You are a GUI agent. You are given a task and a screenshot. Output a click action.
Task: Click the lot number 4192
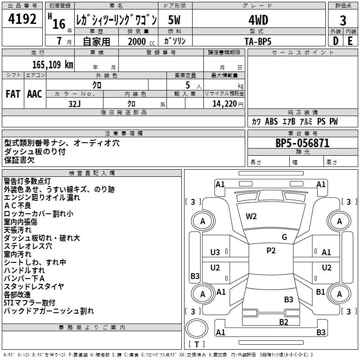pos(22,19)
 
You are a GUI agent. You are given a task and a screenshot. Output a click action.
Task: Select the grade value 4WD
pos(258,20)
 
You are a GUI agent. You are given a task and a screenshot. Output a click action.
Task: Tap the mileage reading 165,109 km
pos(53,64)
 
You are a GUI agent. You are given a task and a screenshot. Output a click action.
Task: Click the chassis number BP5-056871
pos(302,143)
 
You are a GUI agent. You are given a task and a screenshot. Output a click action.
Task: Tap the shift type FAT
pos(13,94)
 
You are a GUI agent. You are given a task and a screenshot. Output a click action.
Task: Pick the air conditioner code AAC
pos(35,94)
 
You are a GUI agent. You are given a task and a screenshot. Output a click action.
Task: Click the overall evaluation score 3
pos(343,20)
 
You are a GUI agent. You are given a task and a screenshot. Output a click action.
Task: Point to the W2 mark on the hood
pos(251,216)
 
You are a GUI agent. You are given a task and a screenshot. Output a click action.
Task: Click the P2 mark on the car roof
pos(271,251)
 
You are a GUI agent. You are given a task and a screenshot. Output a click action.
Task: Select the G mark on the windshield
pos(284,237)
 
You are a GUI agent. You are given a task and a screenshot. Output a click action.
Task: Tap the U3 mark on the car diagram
pos(216,252)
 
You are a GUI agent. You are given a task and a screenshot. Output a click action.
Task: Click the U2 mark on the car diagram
pos(216,268)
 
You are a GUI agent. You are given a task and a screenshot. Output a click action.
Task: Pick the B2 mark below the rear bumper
pos(283,322)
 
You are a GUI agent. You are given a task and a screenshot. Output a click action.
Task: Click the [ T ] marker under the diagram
pos(197,344)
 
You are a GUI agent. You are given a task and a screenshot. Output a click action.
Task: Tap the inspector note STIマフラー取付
pos(30,302)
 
